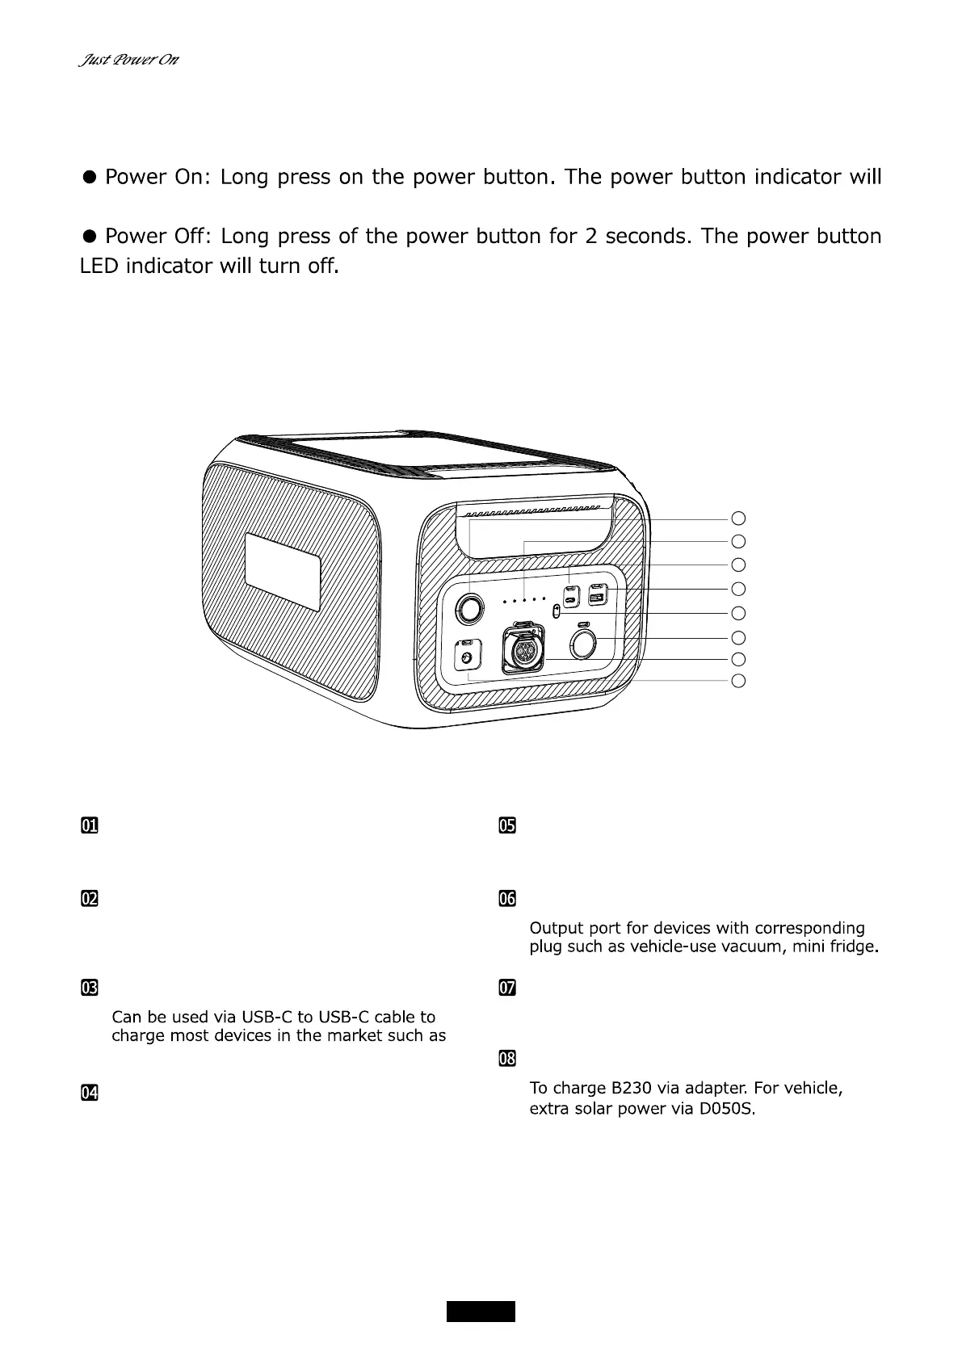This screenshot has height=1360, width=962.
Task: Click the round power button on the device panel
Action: click(470, 608)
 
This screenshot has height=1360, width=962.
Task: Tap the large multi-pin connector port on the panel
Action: click(522, 650)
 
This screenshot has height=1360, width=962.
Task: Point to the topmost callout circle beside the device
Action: click(737, 518)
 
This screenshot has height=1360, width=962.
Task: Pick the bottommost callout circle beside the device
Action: click(737, 681)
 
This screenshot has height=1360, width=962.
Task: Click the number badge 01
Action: click(89, 825)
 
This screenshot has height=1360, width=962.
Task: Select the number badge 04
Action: click(89, 1093)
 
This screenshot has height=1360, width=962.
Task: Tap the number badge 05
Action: click(506, 825)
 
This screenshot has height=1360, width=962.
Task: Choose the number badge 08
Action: click(506, 1058)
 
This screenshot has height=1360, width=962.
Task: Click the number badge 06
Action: click(506, 899)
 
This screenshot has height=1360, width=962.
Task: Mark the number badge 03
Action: click(89, 988)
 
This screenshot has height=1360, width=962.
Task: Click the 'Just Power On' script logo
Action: click(128, 61)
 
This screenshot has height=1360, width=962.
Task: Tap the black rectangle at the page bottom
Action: click(481, 1311)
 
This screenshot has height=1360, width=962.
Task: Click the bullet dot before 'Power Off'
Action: click(90, 236)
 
